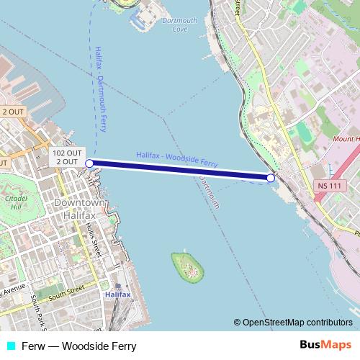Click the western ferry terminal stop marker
point(89,164)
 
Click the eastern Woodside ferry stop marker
point(271,178)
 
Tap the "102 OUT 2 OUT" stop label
point(67,157)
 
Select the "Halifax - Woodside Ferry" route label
point(176,159)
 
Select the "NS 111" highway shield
point(326,186)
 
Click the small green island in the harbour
point(187,266)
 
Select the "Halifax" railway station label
point(117,294)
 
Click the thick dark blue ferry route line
point(180,171)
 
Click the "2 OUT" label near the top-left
point(12,112)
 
